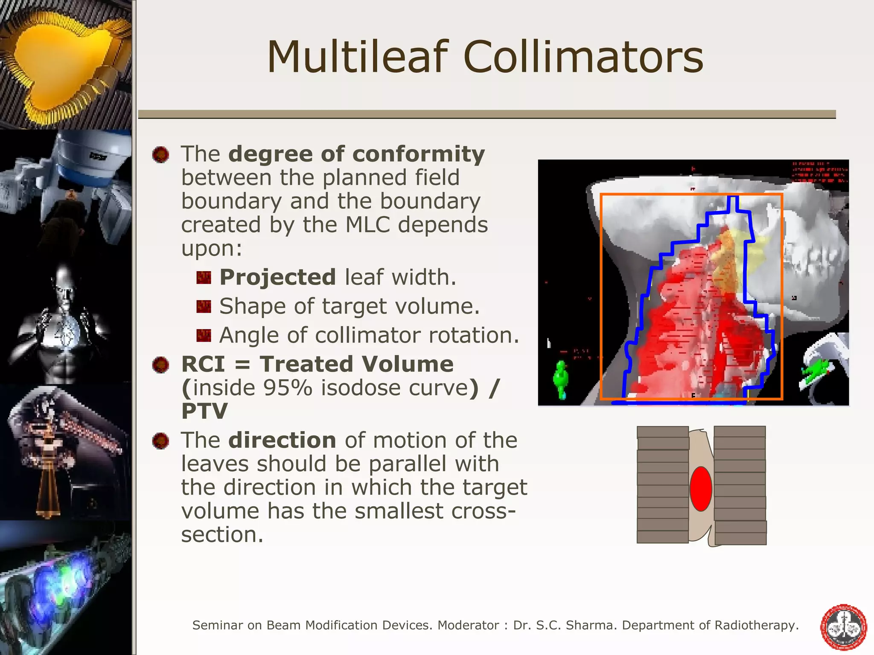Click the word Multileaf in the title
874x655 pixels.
coord(358,57)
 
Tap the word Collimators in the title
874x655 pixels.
coord(583,57)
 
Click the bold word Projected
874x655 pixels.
coord(277,277)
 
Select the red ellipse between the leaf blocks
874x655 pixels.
coord(701,489)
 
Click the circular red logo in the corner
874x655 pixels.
coord(844,627)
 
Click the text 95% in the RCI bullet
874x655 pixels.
coord(287,388)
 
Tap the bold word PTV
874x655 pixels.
coord(204,411)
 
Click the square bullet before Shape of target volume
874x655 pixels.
coord(204,307)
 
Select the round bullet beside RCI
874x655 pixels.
coord(161,365)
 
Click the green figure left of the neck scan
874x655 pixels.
coord(561,379)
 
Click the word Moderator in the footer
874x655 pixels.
coord(468,625)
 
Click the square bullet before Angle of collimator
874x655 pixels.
coord(204,336)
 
